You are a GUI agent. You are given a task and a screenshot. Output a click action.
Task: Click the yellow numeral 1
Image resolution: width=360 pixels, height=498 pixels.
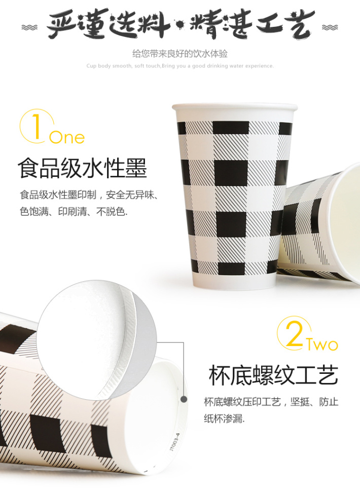pyautogui.click(x=36, y=127)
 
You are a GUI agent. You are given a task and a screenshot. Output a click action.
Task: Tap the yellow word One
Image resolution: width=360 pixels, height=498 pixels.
pyautogui.click(x=67, y=137)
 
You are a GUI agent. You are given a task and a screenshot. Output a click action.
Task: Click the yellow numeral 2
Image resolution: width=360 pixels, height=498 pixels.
pyautogui.click(x=294, y=333)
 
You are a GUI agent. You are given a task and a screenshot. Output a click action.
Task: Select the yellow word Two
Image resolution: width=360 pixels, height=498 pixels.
pyautogui.click(x=322, y=344)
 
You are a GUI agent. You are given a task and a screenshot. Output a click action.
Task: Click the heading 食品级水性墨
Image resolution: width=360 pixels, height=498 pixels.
pyautogui.click(x=82, y=168)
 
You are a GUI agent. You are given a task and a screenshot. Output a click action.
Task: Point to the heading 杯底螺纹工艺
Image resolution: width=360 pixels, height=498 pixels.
pyautogui.click(x=273, y=375)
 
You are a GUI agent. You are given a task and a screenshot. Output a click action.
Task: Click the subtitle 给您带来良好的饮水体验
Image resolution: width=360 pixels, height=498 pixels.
pyautogui.click(x=180, y=54)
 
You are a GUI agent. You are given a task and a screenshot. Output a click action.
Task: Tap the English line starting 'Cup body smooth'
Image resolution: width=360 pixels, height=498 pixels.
pyautogui.click(x=180, y=66)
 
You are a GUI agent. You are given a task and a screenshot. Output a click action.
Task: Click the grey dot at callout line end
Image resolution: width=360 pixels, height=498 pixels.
pyautogui.click(x=184, y=399)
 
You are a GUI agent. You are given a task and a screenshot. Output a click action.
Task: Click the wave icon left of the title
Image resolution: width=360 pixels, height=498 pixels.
pyautogui.click(x=29, y=28)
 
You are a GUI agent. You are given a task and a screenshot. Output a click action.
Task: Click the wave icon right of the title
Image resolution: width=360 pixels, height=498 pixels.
pyautogui.click(x=330, y=28)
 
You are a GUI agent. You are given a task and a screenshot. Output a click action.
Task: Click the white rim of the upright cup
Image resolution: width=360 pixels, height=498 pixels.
pyautogui.click(x=235, y=107)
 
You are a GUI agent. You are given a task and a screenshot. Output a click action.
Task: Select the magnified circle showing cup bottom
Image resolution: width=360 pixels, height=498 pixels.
pyautogui.click(x=97, y=340)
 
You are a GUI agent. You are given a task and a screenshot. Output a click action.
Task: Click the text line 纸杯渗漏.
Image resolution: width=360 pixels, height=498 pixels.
pyautogui.click(x=224, y=418)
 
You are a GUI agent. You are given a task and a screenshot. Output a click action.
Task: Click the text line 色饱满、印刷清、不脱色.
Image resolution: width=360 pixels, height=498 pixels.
pyautogui.click(x=74, y=211)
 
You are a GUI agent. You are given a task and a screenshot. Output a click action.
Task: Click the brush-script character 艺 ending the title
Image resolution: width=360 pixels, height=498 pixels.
pyautogui.click(x=298, y=25)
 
